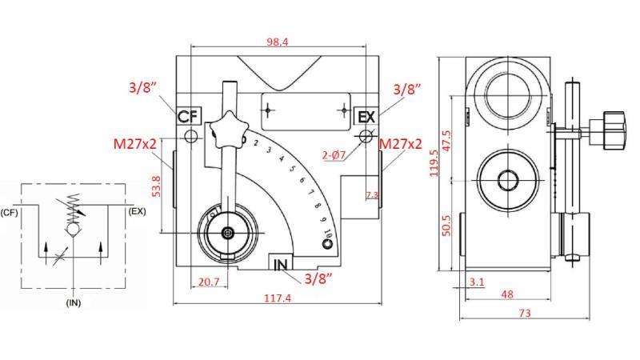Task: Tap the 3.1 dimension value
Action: pyautogui.click(x=478, y=282)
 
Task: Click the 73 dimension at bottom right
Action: pyautogui.click(x=524, y=314)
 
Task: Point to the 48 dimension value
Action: pyautogui.click(x=506, y=294)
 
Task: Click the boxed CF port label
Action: pyautogui.click(x=188, y=117)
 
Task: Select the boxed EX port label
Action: pyautogui.click(x=366, y=117)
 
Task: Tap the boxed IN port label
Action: pyautogui.click(x=281, y=265)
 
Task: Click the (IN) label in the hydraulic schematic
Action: pyautogui.click(x=74, y=304)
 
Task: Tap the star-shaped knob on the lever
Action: pyautogui.click(x=225, y=132)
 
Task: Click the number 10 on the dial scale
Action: pyautogui.click(x=328, y=234)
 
